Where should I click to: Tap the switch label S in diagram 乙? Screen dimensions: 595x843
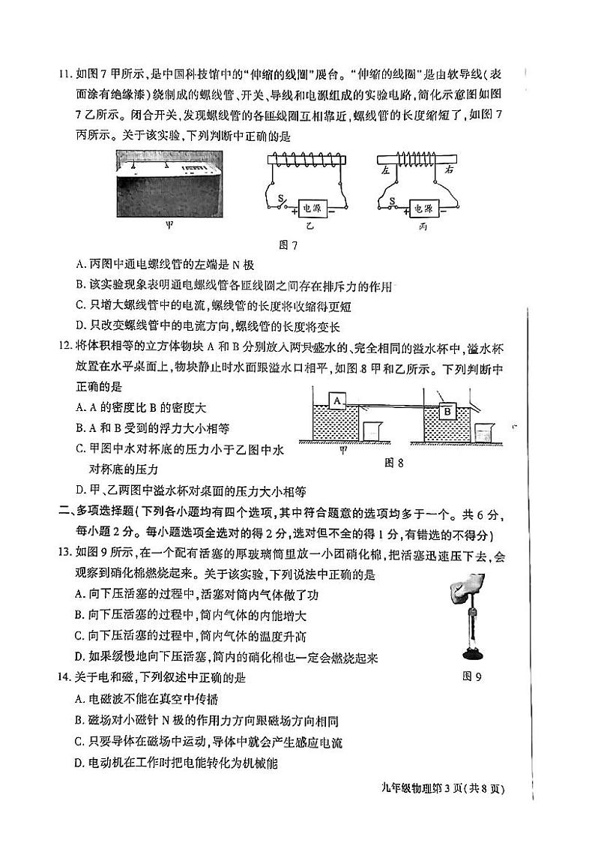pyautogui.click(x=281, y=199)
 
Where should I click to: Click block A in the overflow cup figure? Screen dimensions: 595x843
pyautogui.click(x=337, y=400)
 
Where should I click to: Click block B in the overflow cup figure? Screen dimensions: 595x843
pyautogui.click(x=447, y=410)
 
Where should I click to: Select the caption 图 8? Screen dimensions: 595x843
pyautogui.click(x=393, y=463)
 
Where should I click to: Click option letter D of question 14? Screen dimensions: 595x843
pyautogui.click(x=80, y=764)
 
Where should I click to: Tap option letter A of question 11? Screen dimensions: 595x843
pyautogui.click(x=80, y=264)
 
